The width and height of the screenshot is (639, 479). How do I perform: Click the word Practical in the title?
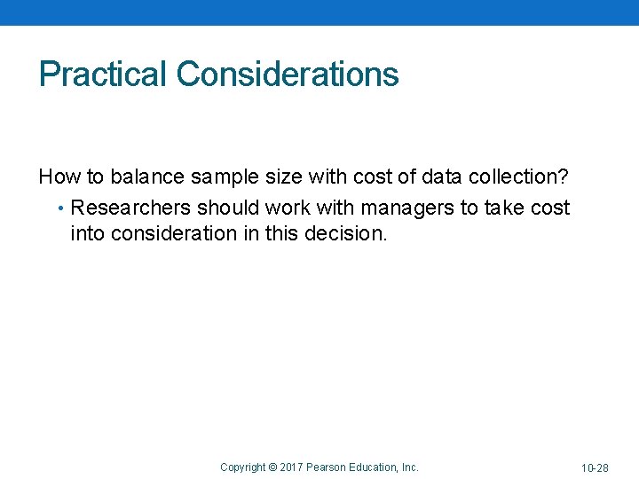tap(103, 75)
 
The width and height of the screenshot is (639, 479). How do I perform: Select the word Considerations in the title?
tap(288, 75)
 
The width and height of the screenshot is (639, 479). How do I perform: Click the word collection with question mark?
tap(518, 177)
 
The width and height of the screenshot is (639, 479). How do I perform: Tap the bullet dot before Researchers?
tap(59, 209)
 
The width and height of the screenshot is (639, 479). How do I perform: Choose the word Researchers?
tap(131, 208)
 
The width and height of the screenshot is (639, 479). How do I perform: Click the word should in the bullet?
tap(226, 208)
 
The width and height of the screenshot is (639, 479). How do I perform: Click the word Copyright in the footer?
tap(242, 467)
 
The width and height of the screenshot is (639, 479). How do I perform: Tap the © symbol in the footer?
tap(273, 467)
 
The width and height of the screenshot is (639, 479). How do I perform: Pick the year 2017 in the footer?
tap(292, 467)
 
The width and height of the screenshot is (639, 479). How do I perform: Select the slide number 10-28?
tap(595, 467)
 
